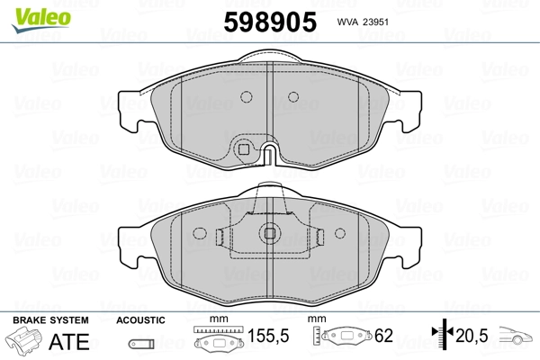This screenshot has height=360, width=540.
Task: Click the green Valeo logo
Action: (41, 20)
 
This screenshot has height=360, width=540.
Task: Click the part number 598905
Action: (270, 22)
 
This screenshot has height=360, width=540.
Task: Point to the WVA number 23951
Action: (375, 22)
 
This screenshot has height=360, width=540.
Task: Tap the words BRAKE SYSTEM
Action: (50, 320)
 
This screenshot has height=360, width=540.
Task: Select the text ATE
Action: (69, 341)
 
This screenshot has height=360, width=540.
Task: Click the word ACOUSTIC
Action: (140, 320)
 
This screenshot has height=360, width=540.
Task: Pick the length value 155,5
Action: (268, 336)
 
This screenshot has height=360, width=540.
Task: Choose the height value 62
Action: (383, 336)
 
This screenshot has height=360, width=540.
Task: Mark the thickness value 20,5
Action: (472, 336)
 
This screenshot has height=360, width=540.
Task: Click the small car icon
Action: (516, 335)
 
